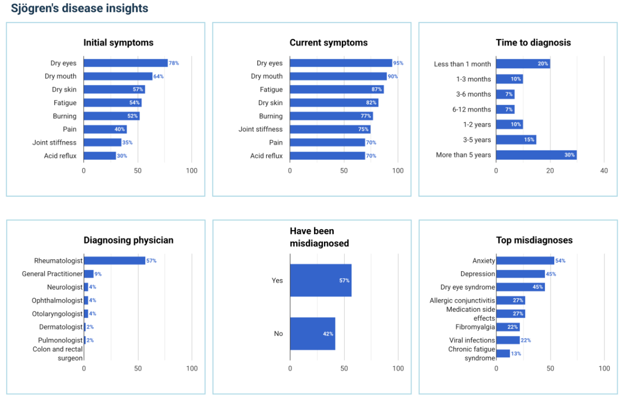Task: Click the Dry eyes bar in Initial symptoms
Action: [x=126, y=63]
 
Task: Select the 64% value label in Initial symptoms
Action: [x=158, y=77]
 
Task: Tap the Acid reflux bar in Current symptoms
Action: [x=327, y=156]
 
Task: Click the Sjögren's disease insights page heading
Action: [x=80, y=8]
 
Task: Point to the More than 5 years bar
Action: [x=536, y=155]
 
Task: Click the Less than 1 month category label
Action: [x=463, y=64]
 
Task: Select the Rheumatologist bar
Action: [x=115, y=260]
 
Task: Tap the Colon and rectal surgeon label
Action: [x=57, y=354]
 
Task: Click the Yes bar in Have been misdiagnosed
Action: [x=320, y=280]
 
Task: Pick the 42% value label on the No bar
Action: [x=328, y=334]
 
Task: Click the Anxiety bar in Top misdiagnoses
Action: [x=525, y=260]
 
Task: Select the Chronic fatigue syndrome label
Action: [x=471, y=354]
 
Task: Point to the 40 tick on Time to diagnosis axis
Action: [x=604, y=171]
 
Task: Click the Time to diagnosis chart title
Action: [x=533, y=43]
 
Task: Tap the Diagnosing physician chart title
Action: [x=129, y=240]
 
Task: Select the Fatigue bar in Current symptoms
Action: [x=336, y=90]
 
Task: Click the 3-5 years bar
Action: [x=516, y=140]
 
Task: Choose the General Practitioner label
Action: [x=52, y=274]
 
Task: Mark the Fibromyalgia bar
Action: [x=508, y=327]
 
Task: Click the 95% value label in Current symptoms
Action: [x=398, y=63]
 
